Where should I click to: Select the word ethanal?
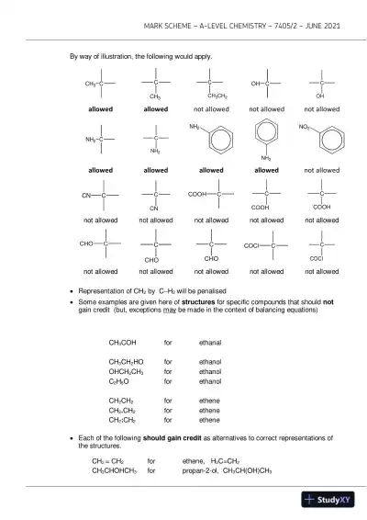210,342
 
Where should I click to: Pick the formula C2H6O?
119,380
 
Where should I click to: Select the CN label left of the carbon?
86,195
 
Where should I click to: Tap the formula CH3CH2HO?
124,362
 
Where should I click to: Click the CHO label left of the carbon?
87,243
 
